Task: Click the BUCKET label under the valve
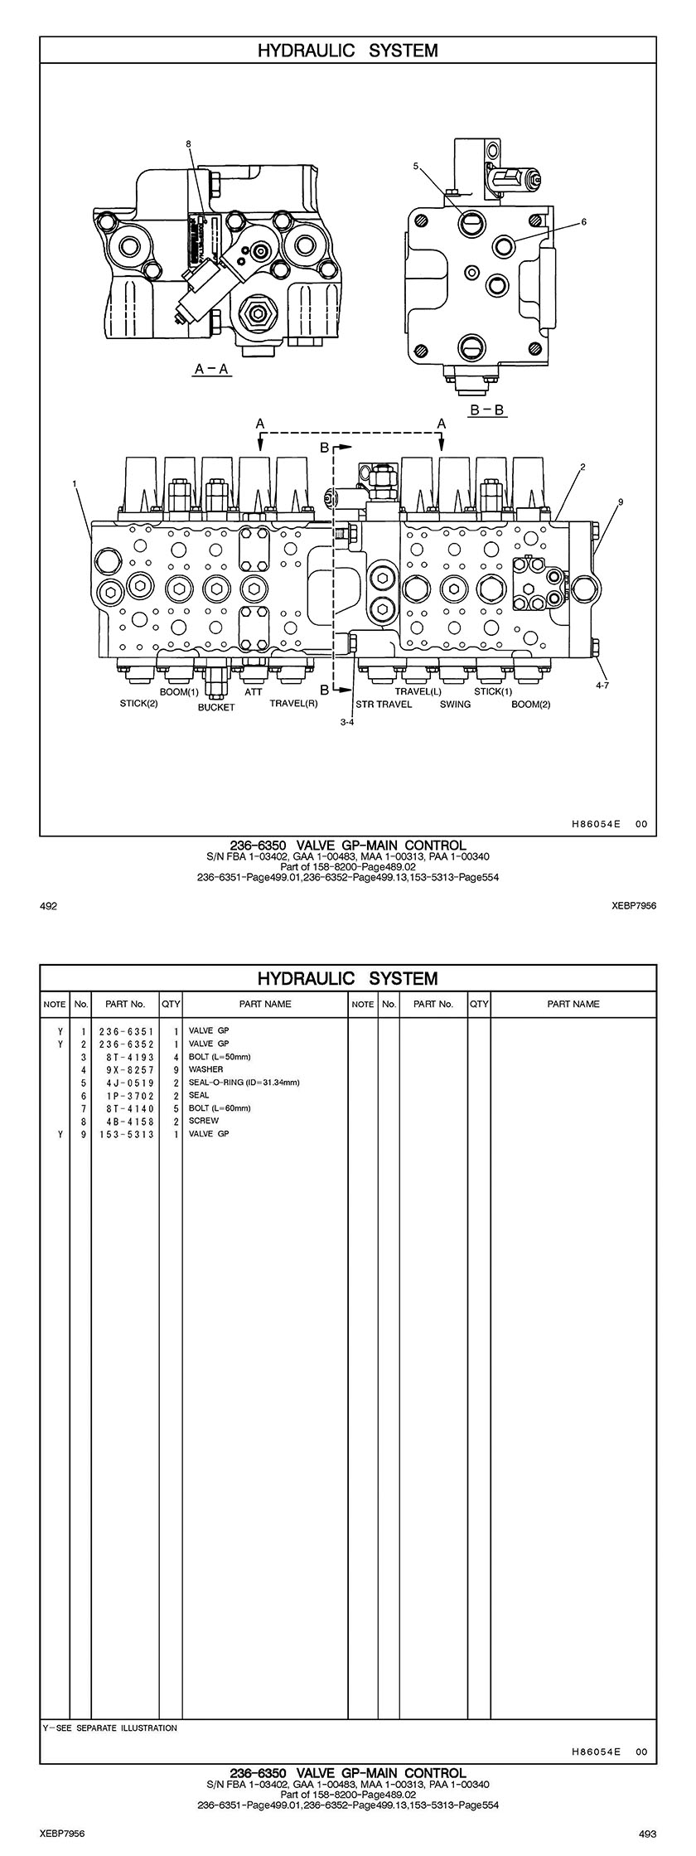click(216, 707)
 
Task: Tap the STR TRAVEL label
click(384, 705)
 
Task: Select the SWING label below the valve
click(455, 705)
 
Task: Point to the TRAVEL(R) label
click(293, 705)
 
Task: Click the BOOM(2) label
click(530, 705)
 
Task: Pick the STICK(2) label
click(138, 705)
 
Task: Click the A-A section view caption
click(211, 370)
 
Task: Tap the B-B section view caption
click(487, 409)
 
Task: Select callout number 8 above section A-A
click(189, 143)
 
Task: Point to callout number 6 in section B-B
click(583, 221)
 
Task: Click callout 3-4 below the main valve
click(347, 722)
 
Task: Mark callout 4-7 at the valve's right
click(602, 685)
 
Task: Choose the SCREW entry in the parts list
click(204, 1121)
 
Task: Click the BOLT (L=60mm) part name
click(220, 1108)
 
